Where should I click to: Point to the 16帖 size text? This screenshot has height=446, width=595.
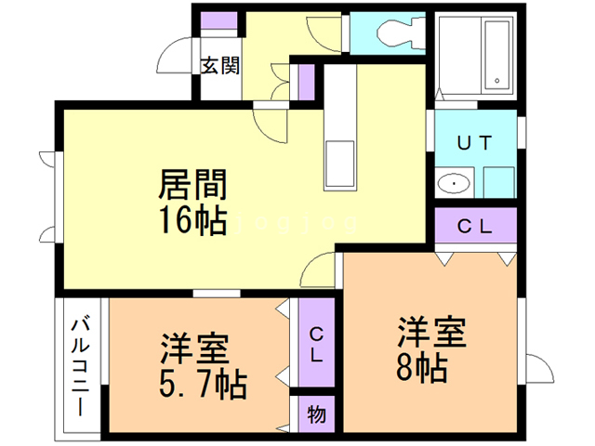point(193,220)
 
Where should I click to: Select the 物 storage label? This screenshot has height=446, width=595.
point(316,414)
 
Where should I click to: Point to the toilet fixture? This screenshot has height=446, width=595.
point(392,34)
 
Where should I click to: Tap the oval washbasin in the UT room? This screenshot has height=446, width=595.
point(455,183)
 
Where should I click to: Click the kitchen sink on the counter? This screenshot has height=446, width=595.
point(338,162)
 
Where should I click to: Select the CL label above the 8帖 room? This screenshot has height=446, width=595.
point(474,225)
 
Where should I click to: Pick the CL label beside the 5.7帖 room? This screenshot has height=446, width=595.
point(316,344)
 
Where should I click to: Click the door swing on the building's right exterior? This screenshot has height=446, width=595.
point(537,370)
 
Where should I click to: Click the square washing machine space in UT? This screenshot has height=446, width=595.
point(498,181)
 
